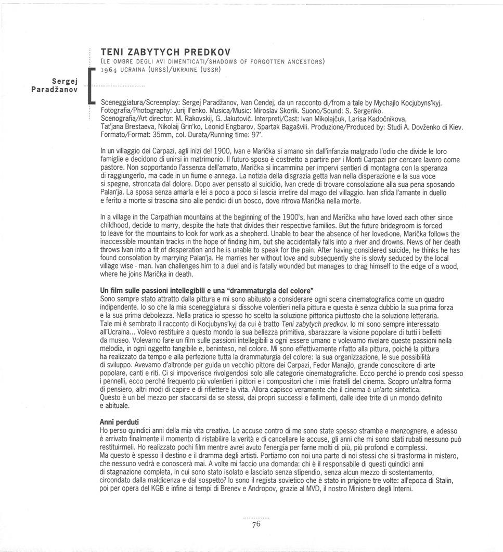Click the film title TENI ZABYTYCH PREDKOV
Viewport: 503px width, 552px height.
(x=165, y=52)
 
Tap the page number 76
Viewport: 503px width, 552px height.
(x=255, y=524)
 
